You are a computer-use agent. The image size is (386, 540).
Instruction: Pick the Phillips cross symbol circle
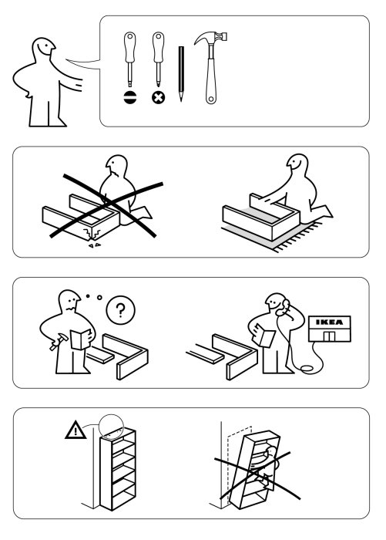pos(158,98)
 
